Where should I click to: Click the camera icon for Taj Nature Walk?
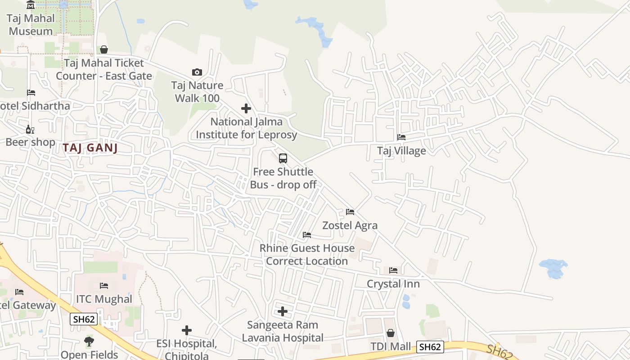[x=197, y=72]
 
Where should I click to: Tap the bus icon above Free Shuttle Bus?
[x=283, y=158]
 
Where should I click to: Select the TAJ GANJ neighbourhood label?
[x=90, y=148]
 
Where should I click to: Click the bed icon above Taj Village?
[x=401, y=137]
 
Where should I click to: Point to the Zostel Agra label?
[x=350, y=225]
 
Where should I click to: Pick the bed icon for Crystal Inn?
[x=393, y=270]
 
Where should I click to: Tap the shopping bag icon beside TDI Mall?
[x=391, y=333]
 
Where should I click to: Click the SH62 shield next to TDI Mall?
[x=430, y=346]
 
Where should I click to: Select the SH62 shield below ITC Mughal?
[x=84, y=319]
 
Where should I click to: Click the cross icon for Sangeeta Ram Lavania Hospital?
[x=282, y=311]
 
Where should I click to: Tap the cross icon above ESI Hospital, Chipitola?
[x=186, y=330]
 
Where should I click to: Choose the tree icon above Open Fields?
[x=89, y=342]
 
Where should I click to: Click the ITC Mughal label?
[x=104, y=299]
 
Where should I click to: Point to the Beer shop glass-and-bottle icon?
[x=30, y=130]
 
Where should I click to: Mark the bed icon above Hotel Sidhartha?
[x=31, y=93]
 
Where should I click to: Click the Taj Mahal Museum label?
[x=31, y=25]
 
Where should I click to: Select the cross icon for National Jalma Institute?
[x=246, y=108]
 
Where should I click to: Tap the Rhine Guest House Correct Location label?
[x=307, y=254]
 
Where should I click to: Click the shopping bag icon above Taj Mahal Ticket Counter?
[x=104, y=49]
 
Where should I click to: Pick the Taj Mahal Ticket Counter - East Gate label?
[x=103, y=69]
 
